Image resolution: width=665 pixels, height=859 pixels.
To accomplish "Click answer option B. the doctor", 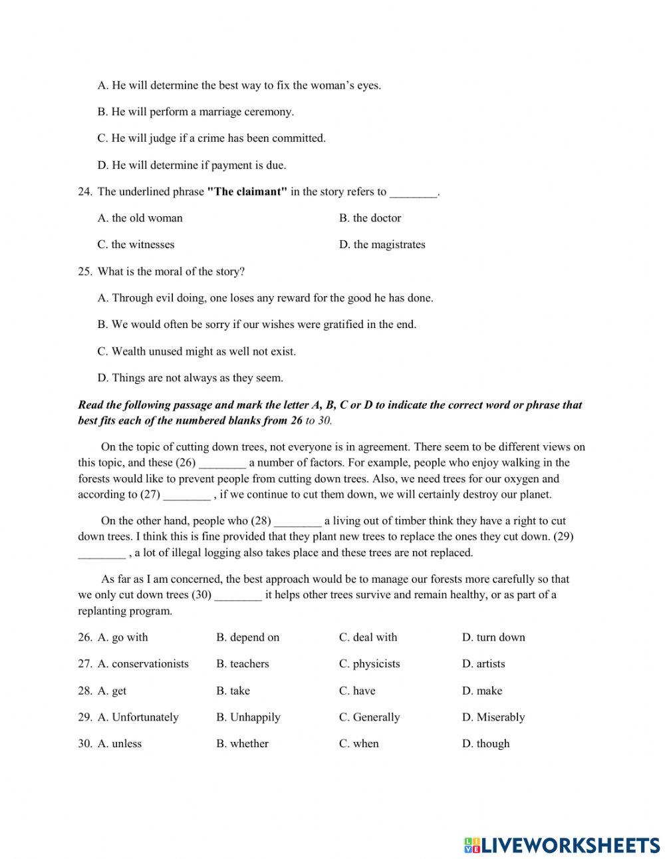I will [370, 218].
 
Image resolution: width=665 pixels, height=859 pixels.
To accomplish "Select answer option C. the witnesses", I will [136, 245].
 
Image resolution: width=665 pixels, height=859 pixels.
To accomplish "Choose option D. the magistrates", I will [382, 245].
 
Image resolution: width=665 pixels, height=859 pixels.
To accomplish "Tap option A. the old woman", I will [140, 218].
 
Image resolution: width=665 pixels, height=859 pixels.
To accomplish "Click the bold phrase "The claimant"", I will [247, 192].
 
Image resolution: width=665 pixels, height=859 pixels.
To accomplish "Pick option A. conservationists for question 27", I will [143, 664].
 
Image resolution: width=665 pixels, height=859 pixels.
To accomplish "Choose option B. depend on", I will [247, 637].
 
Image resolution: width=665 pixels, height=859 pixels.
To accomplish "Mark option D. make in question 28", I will [482, 691].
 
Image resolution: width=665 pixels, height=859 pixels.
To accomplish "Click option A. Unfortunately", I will [138, 717].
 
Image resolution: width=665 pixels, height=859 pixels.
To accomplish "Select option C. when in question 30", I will [358, 744].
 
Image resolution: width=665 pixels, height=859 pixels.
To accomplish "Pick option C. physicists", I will [369, 664].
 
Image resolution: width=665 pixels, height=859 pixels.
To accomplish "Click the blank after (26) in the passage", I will [222, 463].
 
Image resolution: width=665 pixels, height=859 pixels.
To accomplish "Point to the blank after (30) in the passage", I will [238, 595].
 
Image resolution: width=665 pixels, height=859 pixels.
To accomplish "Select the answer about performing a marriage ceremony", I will [196, 112].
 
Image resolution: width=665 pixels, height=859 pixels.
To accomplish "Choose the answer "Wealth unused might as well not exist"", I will [196, 351].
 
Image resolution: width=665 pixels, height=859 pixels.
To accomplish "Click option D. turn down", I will [493, 637].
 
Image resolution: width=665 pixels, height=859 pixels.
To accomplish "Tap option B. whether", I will [242, 744].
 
